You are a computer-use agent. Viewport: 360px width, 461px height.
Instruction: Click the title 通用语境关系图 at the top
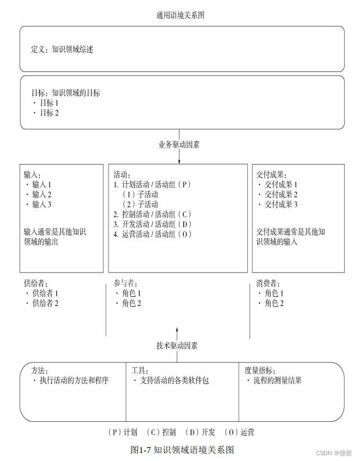(180, 15)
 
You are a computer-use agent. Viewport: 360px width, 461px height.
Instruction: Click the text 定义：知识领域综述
(62, 50)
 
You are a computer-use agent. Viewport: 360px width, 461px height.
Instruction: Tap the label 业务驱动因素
(179, 144)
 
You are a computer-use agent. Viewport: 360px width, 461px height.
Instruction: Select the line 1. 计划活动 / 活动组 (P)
(152, 185)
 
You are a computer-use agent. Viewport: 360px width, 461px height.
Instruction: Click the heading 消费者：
(268, 284)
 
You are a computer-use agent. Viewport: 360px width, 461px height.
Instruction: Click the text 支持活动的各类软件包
(174, 381)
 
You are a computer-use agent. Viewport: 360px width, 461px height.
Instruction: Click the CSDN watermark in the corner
(334, 453)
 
